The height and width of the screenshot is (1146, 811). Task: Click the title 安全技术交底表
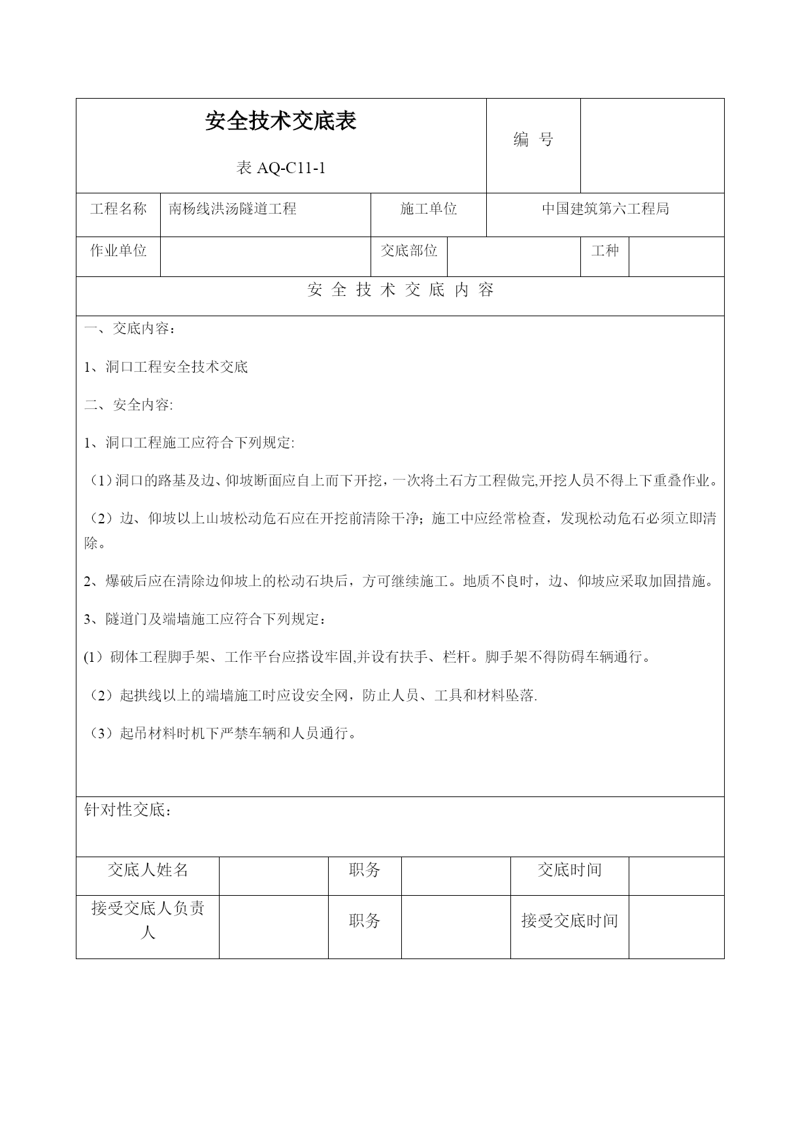pos(280,122)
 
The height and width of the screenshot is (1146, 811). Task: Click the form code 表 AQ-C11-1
pos(280,169)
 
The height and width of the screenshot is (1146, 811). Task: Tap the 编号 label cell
pos(533,139)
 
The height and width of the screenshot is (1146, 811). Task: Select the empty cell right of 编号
pos(652,146)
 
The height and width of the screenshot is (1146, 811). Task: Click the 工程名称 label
pos(118,209)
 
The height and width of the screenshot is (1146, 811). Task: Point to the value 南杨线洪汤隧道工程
pos(233,209)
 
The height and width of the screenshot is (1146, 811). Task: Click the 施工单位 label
pos(428,209)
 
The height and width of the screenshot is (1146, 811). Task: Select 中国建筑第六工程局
pos(605,209)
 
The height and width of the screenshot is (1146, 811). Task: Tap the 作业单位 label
pos(118,251)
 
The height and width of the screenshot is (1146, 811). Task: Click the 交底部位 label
pos(409,251)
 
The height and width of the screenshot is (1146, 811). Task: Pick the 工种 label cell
pos(604,251)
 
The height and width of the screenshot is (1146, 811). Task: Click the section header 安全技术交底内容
pos(400,291)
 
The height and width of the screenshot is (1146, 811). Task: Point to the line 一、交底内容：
pos(130,329)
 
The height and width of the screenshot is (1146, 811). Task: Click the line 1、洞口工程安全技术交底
pos(166,367)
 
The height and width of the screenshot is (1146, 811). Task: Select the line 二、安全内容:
pos(129,405)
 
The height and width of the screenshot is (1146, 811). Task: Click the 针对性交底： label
pos(128,811)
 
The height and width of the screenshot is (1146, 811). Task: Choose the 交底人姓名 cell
pos(148,870)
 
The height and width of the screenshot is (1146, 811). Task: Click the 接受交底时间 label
pos(569,921)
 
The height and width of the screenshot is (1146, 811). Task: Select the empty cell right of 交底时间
pos(676,876)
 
